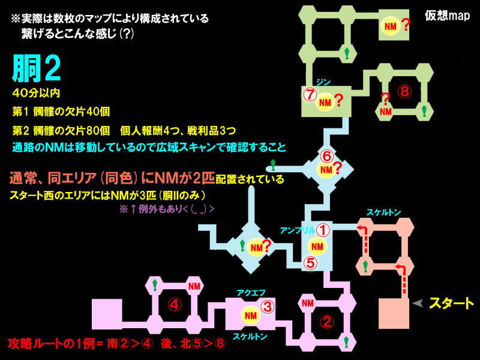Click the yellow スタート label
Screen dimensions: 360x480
click(x=451, y=304)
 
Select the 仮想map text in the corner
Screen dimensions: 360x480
click(x=448, y=15)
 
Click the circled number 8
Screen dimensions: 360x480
click(x=405, y=91)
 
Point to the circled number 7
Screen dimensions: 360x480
click(x=310, y=95)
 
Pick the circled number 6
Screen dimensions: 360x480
click(x=326, y=156)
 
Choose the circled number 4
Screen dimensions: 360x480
click(x=174, y=305)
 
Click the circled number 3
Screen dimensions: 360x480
click(x=268, y=307)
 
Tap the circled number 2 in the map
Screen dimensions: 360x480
click(x=326, y=322)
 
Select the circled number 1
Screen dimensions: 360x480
click(x=323, y=229)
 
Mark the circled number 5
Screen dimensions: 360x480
click(x=310, y=262)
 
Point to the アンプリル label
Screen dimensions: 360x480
click(x=296, y=230)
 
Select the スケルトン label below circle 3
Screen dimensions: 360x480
click(x=250, y=336)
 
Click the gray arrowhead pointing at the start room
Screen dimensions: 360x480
click(x=417, y=304)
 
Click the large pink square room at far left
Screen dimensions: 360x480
click(x=107, y=314)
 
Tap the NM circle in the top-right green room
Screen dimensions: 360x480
click(x=390, y=26)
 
